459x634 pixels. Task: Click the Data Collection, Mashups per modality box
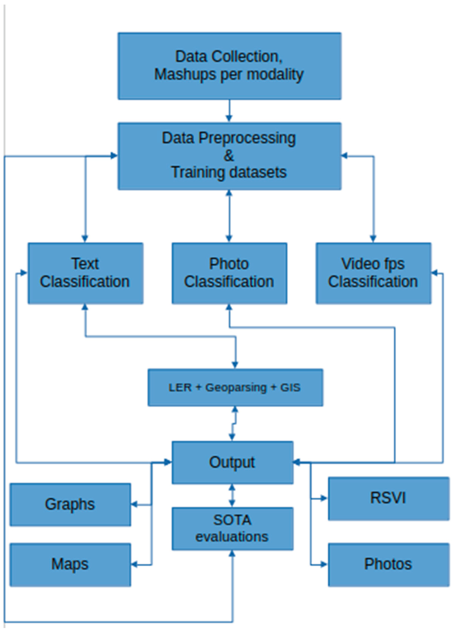(229, 66)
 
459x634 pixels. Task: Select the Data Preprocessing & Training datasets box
(229, 156)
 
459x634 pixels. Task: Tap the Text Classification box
(85, 273)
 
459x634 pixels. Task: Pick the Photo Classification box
(229, 273)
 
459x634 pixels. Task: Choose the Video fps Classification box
(373, 273)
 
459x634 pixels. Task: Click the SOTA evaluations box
(233, 528)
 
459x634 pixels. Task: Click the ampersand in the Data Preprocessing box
(229, 156)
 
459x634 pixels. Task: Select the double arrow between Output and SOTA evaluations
(232, 495)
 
